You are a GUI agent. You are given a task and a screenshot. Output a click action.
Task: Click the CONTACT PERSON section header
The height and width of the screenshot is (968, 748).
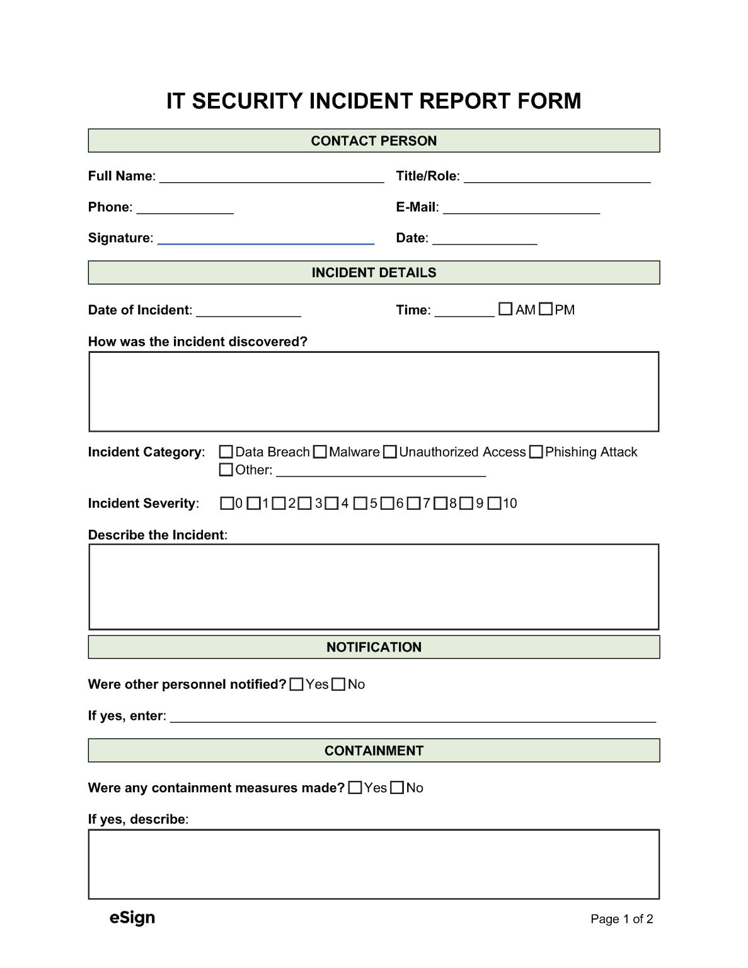374,141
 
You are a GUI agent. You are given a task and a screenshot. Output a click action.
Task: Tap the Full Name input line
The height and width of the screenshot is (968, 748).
272,177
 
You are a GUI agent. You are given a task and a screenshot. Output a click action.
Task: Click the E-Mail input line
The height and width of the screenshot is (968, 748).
521,209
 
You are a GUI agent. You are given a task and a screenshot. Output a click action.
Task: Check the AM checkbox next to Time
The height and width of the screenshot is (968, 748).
505,309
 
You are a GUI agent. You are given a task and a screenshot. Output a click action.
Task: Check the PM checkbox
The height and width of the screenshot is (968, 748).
546,309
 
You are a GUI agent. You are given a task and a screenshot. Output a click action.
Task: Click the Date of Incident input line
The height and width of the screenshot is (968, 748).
248,311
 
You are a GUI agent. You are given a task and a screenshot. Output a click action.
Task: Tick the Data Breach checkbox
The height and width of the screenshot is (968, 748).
226,452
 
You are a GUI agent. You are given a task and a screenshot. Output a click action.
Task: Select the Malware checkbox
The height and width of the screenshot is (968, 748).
320,452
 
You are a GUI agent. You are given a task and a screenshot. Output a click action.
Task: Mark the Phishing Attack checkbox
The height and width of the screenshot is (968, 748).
536,452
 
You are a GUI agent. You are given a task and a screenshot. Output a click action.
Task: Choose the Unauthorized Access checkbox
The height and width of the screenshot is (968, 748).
390,452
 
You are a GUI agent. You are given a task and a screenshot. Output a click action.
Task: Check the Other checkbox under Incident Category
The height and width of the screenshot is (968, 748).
226,470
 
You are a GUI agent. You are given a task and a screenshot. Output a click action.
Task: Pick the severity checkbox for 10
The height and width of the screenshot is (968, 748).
495,503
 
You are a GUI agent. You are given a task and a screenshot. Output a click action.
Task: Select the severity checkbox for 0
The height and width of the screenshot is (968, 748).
227,503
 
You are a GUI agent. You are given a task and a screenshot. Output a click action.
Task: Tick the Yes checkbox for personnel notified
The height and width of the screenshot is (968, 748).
297,684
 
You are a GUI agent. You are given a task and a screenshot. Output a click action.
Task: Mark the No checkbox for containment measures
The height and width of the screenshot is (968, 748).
397,788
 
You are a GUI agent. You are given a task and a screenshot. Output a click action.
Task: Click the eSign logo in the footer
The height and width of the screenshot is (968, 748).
132,918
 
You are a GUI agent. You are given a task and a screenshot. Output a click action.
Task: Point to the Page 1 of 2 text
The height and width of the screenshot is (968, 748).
621,919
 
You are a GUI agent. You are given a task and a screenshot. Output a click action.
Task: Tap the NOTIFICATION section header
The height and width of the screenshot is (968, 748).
374,647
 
